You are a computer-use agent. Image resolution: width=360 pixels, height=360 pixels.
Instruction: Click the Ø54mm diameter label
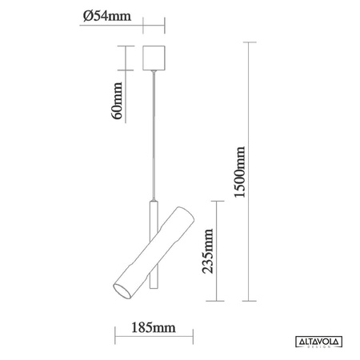[x=107, y=16]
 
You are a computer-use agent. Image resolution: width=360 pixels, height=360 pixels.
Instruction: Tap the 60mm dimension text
[x=117, y=101]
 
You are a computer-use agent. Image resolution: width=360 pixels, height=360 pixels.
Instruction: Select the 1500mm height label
[x=239, y=172]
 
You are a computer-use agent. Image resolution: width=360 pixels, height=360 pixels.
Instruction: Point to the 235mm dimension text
[x=208, y=251]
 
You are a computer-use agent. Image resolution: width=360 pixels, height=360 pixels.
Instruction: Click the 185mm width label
[x=154, y=327]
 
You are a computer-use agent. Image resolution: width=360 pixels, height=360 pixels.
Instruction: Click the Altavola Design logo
[x=318, y=342]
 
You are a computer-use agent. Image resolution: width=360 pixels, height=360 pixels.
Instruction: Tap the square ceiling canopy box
[x=154, y=58]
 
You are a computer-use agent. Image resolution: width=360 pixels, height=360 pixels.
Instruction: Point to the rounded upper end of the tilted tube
[x=186, y=214]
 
